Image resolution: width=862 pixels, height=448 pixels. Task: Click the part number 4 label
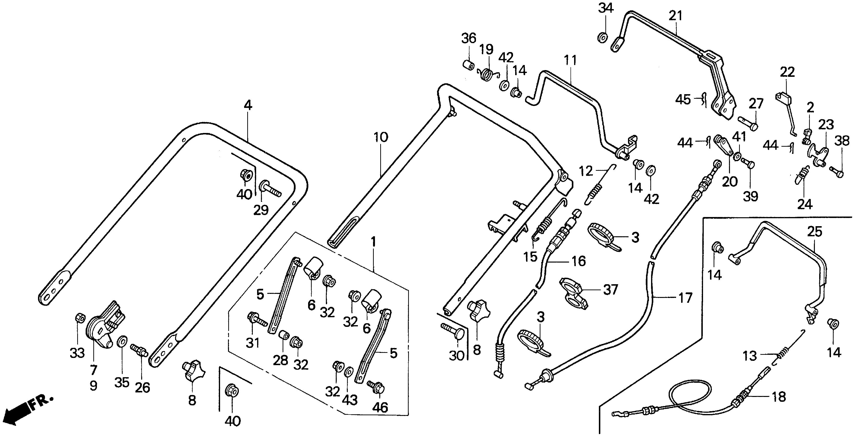coord(248,105)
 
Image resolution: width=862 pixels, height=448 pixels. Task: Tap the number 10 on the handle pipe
coord(381,137)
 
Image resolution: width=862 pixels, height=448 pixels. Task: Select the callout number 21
coord(676,16)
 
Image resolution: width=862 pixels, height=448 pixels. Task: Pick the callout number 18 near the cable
coord(779,397)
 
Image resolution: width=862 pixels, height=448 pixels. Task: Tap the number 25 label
coord(814,231)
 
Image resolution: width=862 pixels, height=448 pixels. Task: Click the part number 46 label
coord(380,408)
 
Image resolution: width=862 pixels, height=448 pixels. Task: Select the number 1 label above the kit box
coord(374,242)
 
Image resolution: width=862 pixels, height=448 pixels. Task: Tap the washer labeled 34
coord(602,38)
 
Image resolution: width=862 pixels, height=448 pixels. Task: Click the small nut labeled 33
coord(80,317)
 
